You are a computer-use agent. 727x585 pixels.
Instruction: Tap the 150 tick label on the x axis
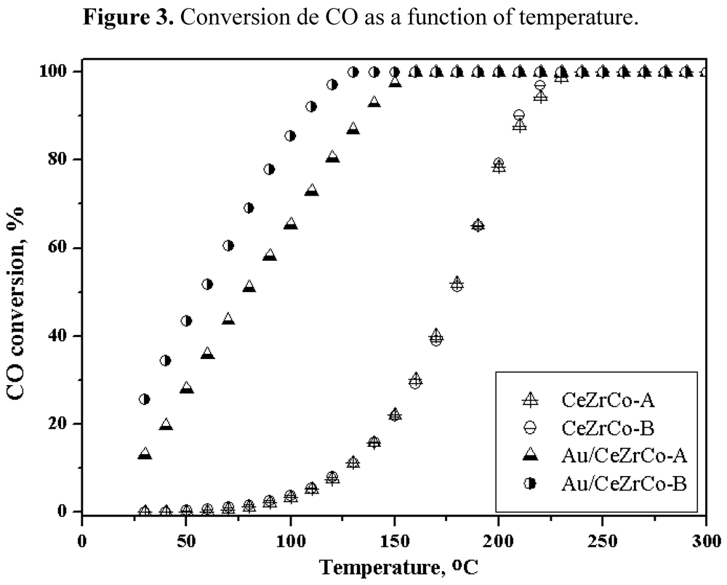(x=186, y=541)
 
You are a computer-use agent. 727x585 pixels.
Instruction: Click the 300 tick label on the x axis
(x=705, y=541)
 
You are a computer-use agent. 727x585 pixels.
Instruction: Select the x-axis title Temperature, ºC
(x=393, y=565)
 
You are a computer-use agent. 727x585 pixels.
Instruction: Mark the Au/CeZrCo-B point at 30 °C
(x=145, y=399)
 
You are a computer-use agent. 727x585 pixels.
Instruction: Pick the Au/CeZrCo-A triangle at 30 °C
(x=145, y=454)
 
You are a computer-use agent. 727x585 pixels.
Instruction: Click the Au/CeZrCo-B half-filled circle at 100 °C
(x=291, y=135)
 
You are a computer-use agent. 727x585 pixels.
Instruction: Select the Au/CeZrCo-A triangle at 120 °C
(x=332, y=156)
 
